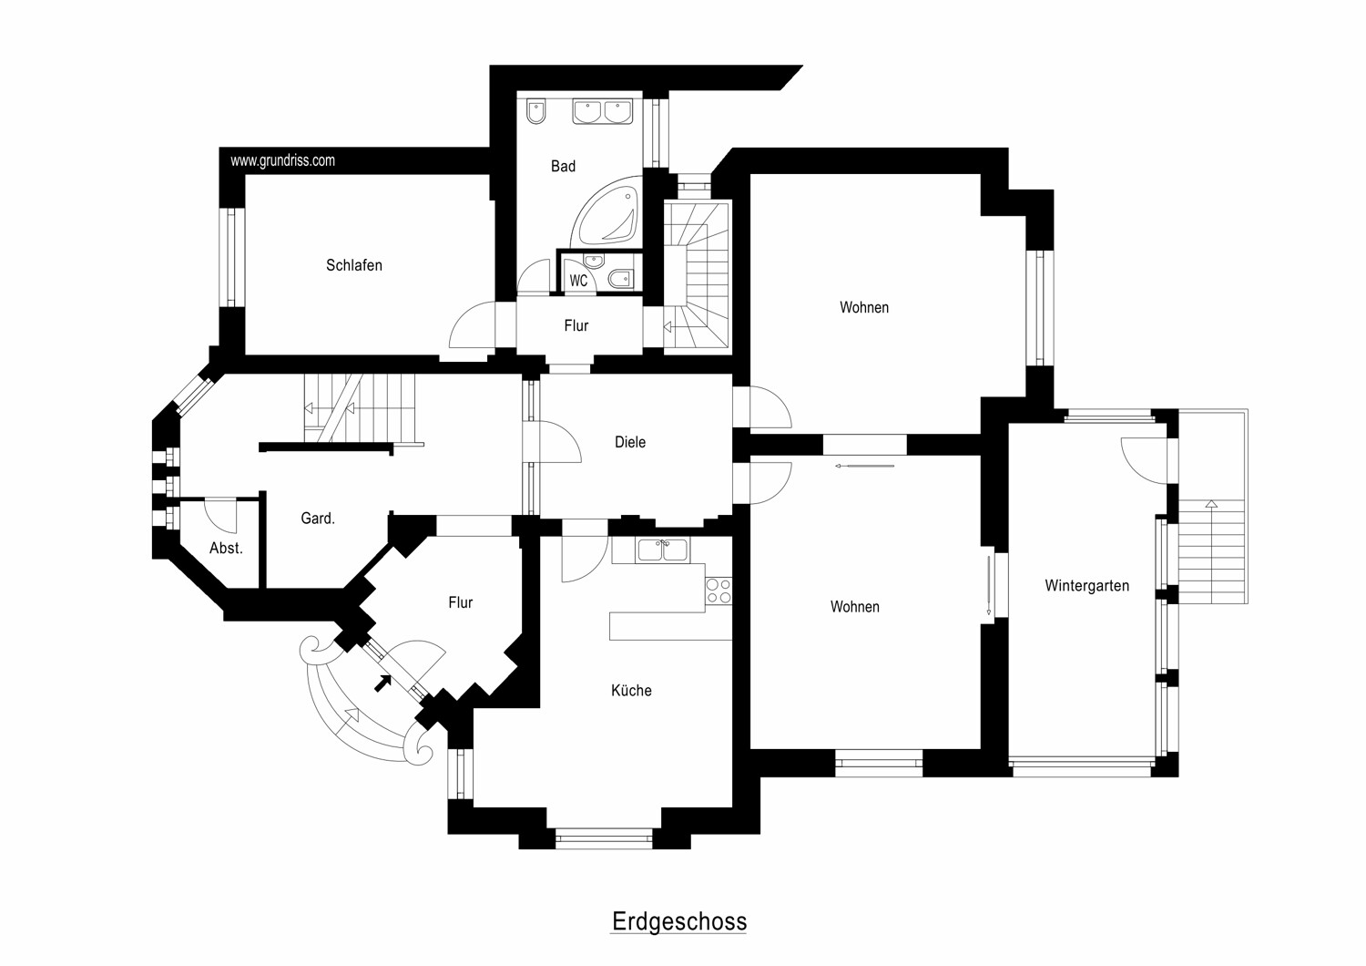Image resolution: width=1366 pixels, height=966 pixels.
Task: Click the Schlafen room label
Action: pos(354,265)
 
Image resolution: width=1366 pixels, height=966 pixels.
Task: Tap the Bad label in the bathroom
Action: pos(563,166)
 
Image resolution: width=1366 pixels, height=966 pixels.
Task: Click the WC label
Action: pos(578,281)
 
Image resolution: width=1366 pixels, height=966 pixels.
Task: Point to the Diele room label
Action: pos(630,442)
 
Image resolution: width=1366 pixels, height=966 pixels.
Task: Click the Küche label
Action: pos(631,690)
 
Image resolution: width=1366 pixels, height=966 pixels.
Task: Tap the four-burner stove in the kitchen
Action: pos(719,591)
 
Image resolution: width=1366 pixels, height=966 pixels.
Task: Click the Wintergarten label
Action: pos(1086,586)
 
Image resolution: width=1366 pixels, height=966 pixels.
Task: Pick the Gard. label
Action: pos(318,518)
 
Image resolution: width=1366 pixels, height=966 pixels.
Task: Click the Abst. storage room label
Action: pos(226,548)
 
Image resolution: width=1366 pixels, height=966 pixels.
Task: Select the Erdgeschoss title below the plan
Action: pos(679,921)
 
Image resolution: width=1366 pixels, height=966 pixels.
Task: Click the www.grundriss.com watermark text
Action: pos(282,160)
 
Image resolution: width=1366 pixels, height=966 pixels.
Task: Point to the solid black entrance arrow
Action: pos(383,683)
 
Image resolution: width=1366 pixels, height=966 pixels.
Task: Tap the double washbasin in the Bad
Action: pos(602,112)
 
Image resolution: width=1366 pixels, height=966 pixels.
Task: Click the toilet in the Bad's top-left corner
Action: pos(535,110)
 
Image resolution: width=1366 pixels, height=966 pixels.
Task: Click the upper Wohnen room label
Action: pos(863,307)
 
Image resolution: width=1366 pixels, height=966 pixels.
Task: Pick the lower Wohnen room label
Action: pos(854,606)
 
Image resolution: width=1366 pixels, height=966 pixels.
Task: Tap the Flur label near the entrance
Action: pos(460,602)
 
